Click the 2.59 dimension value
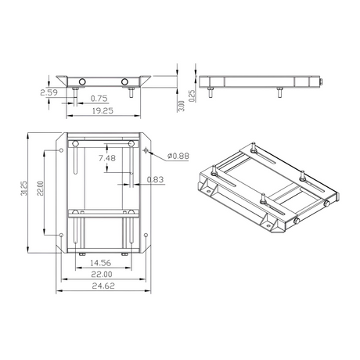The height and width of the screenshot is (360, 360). pos(49,92)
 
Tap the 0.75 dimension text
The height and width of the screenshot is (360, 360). pos(99,99)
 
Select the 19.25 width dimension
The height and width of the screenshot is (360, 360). pos(103,111)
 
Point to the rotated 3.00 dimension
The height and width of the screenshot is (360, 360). pos(182,106)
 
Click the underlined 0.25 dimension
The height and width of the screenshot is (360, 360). pos(193,95)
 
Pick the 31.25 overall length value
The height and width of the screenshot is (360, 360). pos(23,189)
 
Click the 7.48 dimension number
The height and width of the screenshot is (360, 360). pos(107,158)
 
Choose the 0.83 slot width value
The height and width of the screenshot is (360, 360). pos(155,179)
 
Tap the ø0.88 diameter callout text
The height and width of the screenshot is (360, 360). pos(178,156)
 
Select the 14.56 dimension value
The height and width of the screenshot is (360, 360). pos(100,263)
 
